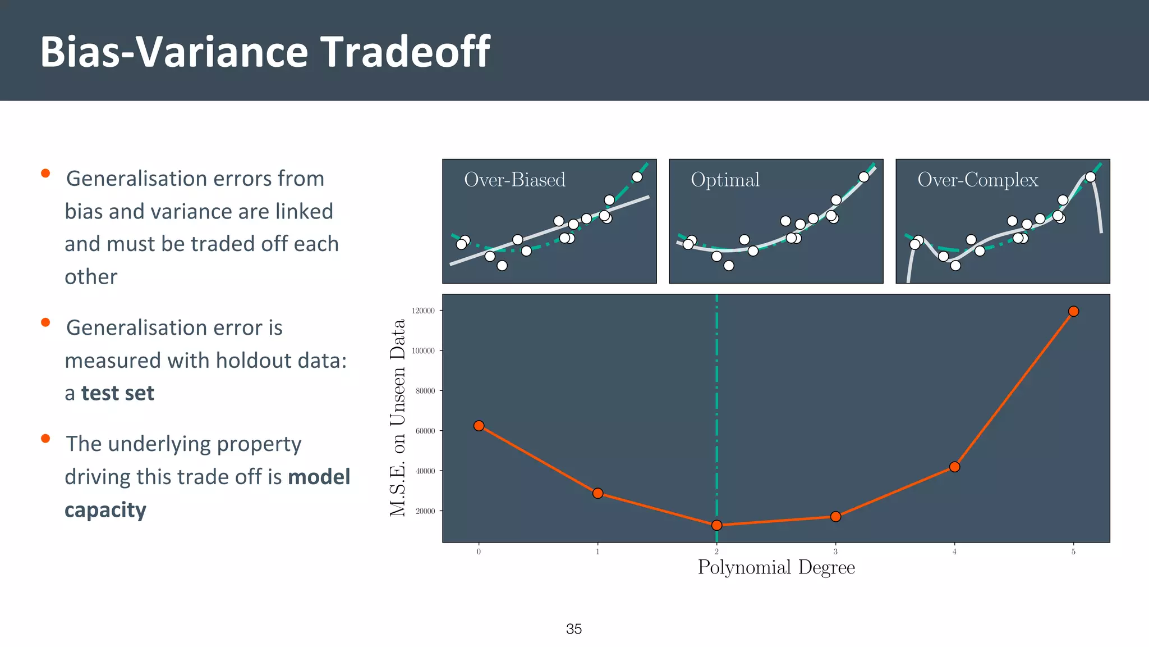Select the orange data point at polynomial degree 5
pos(1073,311)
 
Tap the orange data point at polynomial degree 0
pos(479,426)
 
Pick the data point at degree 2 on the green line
pos(716,525)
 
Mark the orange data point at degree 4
pos(954,467)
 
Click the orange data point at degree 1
pos(598,493)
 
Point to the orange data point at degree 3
pos(835,516)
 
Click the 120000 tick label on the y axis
pos(423,311)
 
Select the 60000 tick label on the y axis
pos(425,431)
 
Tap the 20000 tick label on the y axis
pos(425,511)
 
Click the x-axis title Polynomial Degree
pos(776,567)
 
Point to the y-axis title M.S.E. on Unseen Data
pos(397,417)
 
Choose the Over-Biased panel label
pos(514,180)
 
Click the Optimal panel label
pos(725,180)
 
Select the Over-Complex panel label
pos(977,180)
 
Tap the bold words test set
pos(117,393)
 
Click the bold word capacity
pos(105,510)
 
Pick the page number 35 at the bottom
pos(573,629)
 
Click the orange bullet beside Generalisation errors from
pos(45,174)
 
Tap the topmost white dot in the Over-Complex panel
pos(1090,177)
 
